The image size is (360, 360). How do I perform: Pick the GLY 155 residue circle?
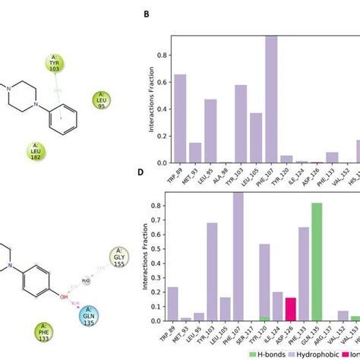pos(119,257)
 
